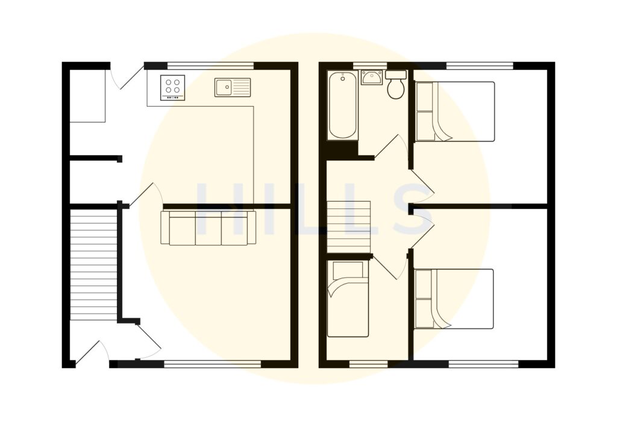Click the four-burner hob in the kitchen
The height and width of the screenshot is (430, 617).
coord(172,87)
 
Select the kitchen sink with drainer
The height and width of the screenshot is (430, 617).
coord(233,87)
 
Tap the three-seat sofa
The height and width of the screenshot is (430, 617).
coord(208,228)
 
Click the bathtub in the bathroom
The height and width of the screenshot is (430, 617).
coord(342,105)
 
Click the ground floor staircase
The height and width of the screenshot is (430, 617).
coord(93,265)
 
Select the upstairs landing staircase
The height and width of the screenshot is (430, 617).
coord(348,227)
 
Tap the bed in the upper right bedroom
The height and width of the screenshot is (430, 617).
coord(455,111)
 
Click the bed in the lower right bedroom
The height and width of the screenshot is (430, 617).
coord(455,299)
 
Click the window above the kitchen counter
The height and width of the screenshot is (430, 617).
coord(210,66)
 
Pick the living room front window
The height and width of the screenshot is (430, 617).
coord(213,364)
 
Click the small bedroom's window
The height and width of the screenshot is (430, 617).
coord(369,364)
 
